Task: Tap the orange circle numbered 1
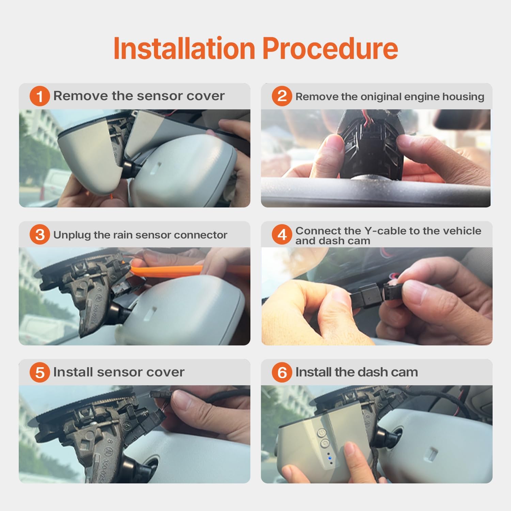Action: pyautogui.click(x=40, y=96)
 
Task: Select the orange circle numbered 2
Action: pyautogui.click(x=282, y=96)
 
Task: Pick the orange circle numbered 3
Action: pyautogui.click(x=40, y=234)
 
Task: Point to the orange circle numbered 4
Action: pyautogui.click(x=282, y=234)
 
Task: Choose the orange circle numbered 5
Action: pyautogui.click(x=40, y=372)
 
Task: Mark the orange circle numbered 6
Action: pyautogui.click(x=282, y=372)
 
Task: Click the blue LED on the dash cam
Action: pyautogui.click(x=330, y=459)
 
